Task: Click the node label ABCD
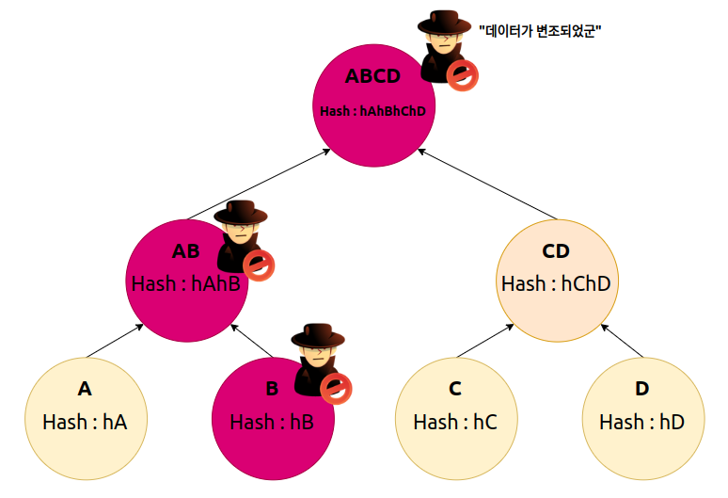[372, 76]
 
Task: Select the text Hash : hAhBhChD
[372, 111]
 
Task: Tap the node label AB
[186, 251]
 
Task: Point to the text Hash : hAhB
[187, 283]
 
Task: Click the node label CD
[557, 251]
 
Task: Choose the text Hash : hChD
[557, 283]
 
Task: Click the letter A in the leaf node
[85, 389]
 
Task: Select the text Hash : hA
[85, 422]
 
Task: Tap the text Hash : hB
[271, 422]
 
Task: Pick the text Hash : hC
[455, 422]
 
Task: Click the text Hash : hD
[641, 422]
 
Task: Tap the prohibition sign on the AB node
[260, 265]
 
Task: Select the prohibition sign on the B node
[336, 387]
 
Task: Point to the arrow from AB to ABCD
[256, 185]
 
